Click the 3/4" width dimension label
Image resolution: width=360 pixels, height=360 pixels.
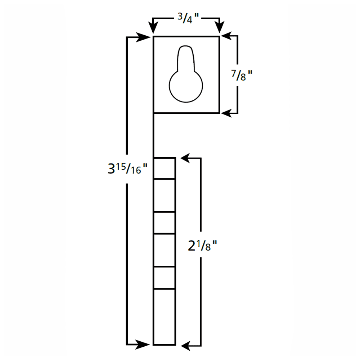[186, 19]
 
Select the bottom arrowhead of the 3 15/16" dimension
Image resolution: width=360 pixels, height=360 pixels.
[144, 345]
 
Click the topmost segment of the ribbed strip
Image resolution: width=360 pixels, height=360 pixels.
[165, 168]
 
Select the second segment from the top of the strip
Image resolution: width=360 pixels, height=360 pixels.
[165, 195]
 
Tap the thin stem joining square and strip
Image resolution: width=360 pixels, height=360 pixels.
[154, 135]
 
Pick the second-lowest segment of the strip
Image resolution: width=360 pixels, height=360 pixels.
[165, 278]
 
